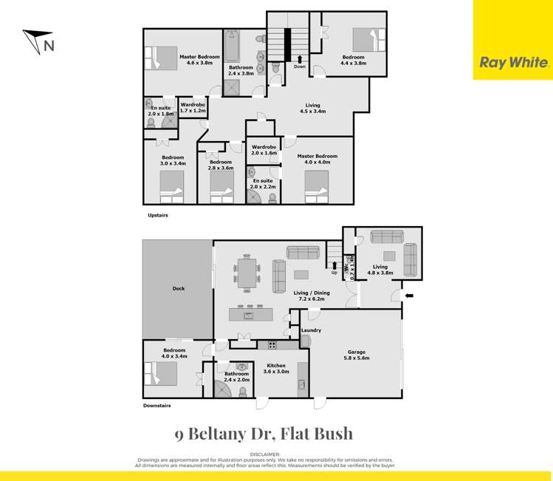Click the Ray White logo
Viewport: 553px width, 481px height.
(513, 63)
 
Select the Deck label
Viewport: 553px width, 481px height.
(178, 288)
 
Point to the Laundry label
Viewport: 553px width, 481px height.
(311, 330)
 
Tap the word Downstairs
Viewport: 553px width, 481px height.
(157, 406)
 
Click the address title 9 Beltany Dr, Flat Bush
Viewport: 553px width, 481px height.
(264, 434)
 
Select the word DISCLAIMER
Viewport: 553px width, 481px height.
(264, 454)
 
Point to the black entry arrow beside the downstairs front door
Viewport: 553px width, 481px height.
(410, 296)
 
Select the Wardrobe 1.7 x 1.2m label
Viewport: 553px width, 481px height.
(193, 107)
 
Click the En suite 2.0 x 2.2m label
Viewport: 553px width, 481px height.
(262, 184)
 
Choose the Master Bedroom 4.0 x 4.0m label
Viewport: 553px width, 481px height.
(317, 160)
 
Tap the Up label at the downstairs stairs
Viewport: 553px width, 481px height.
(334, 272)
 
